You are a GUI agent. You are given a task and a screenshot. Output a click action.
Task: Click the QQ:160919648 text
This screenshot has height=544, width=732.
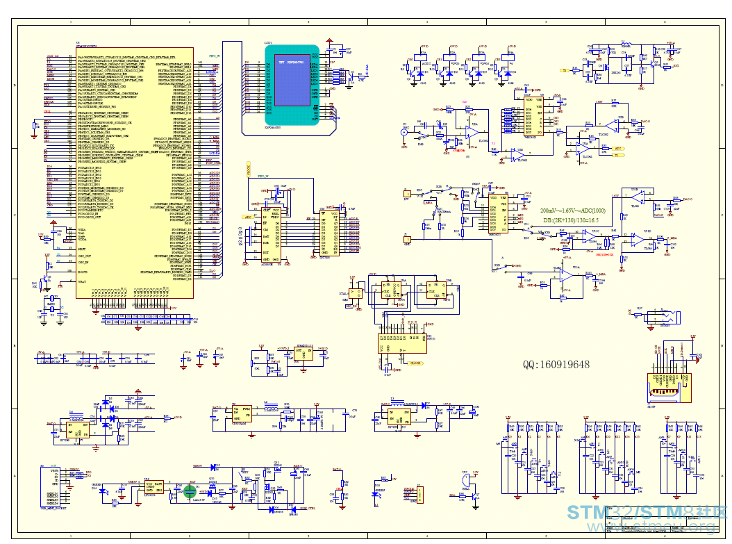(556, 364)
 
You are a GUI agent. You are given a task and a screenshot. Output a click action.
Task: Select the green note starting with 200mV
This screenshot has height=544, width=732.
(573, 210)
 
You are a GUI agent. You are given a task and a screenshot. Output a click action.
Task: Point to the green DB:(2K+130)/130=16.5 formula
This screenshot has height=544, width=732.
(573, 220)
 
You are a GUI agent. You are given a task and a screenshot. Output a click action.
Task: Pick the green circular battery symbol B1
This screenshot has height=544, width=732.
(190, 491)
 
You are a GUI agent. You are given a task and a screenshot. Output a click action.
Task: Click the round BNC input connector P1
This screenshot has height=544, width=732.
(404, 132)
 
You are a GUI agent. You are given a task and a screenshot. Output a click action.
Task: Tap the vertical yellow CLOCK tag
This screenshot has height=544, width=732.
(248, 167)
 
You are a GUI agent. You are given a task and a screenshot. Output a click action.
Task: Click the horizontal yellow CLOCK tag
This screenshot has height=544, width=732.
(415, 363)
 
